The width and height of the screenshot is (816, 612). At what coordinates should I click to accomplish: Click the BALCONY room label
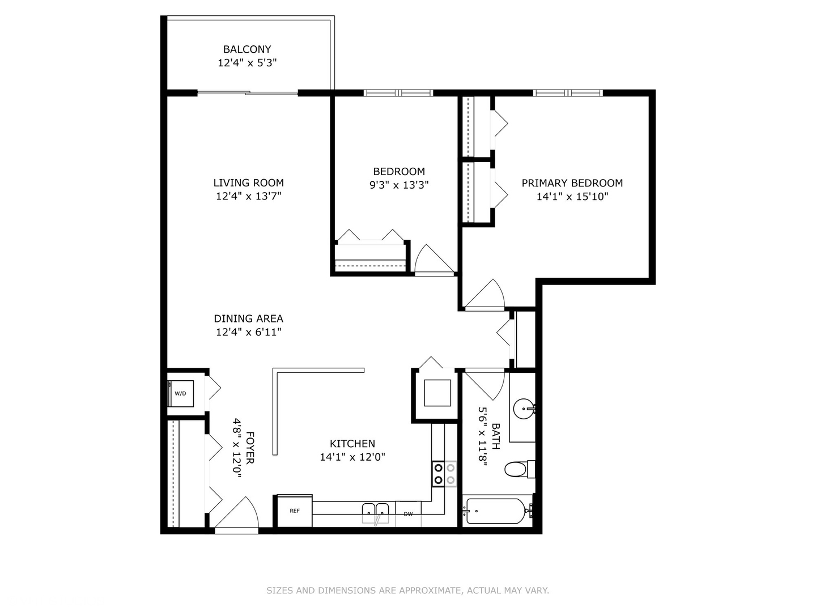(x=247, y=49)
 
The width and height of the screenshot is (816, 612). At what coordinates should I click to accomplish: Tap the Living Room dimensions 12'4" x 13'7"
(x=248, y=196)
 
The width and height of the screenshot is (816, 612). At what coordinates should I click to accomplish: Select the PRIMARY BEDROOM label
(x=572, y=183)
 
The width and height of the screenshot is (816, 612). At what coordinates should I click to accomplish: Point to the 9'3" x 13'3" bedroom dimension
(x=399, y=185)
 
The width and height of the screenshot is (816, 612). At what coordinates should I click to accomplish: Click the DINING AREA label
(x=248, y=318)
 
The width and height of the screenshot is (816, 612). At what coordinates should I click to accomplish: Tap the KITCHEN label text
(x=352, y=444)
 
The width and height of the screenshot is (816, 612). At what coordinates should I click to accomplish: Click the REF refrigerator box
(x=294, y=511)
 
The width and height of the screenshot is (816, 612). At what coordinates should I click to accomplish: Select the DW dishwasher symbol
(x=408, y=514)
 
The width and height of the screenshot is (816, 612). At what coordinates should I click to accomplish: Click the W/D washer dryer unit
(x=181, y=393)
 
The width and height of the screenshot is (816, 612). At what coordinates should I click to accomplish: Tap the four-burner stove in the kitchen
(x=444, y=474)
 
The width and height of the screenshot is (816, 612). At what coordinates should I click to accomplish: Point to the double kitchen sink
(x=376, y=511)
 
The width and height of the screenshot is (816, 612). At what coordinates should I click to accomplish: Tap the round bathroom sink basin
(x=523, y=408)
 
